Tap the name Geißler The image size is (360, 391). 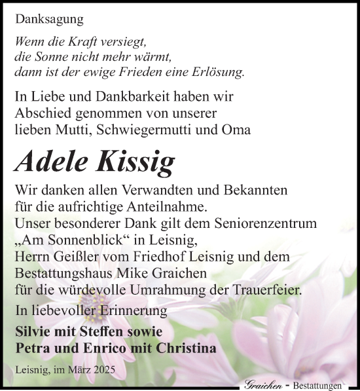point(87,255)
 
